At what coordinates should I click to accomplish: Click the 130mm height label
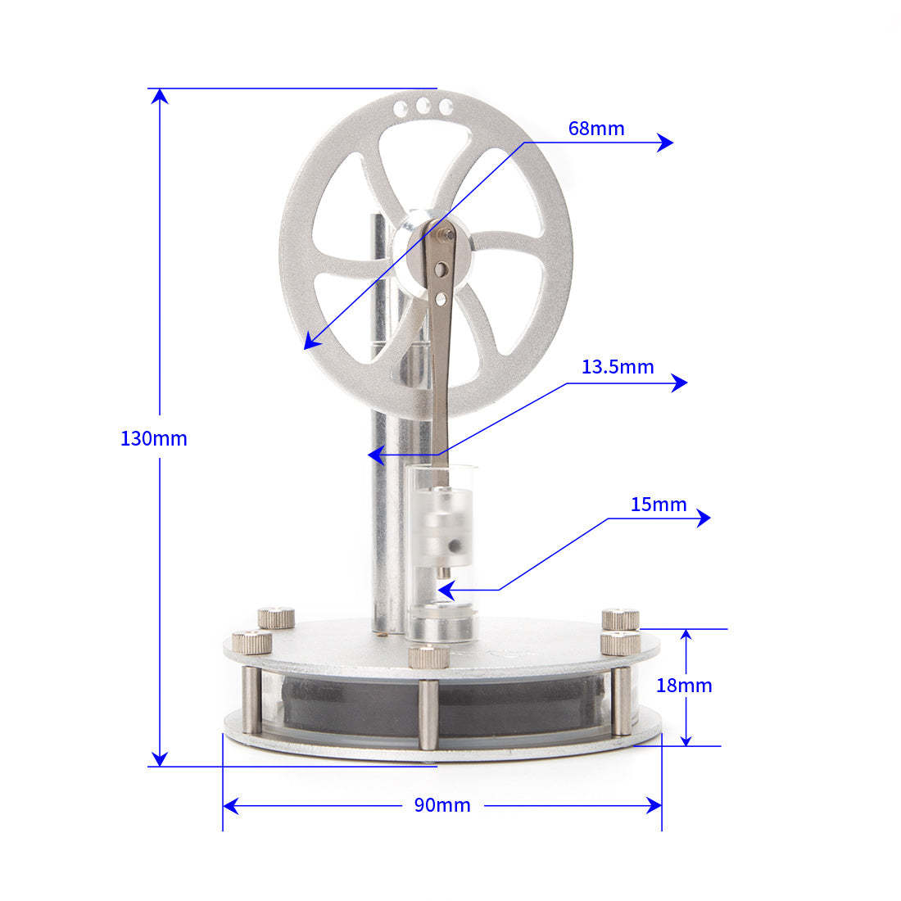[154, 438]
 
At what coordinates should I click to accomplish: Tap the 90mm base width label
[442, 805]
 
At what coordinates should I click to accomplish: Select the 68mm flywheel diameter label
[596, 129]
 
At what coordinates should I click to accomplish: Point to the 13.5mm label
[618, 367]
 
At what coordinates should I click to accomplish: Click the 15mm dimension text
[659, 505]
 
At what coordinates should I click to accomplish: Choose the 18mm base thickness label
[684, 686]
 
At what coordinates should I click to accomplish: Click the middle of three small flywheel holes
[423, 106]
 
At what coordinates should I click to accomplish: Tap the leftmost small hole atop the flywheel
[401, 107]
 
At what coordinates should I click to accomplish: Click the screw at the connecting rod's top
[446, 234]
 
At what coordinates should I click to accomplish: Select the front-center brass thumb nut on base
[428, 655]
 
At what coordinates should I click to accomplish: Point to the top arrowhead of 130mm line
[161, 95]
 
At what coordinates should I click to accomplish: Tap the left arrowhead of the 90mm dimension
[230, 806]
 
